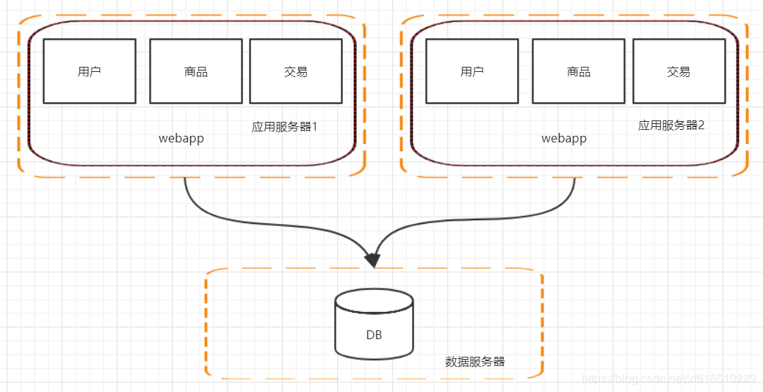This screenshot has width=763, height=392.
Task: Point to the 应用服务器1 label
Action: click(x=284, y=126)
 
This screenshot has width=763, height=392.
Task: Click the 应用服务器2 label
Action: click(x=670, y=126)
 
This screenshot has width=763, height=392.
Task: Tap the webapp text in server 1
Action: click(x=181, y=138)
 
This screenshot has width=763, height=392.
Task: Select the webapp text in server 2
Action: click(x=564, y=138)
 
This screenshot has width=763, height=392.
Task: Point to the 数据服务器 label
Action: click(x=474, y=362)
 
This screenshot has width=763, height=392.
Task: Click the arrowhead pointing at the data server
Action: click(x=373, y=259)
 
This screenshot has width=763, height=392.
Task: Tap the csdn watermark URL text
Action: click(x=668, y=379)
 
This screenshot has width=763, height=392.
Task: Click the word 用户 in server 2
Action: click(x=471, y=72)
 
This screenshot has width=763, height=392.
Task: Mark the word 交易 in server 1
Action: click(x=295, y=72)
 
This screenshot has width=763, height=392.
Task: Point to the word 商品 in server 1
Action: click(x=195, y=72)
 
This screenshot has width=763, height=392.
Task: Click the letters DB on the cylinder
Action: click(x=374, y=335)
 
